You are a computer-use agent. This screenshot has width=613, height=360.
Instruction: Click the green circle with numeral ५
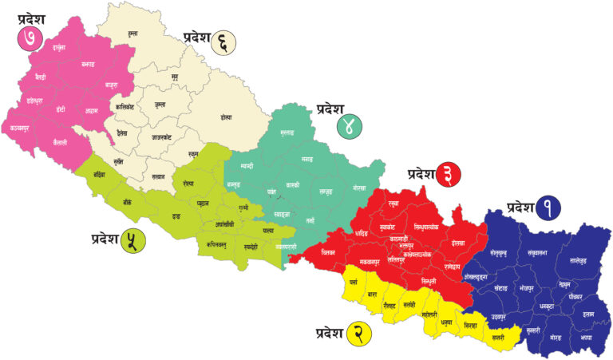point(132,239)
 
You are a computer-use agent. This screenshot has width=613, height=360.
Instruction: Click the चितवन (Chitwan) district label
point(326,251)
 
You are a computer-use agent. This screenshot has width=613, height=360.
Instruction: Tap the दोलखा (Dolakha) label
point(457,241)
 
